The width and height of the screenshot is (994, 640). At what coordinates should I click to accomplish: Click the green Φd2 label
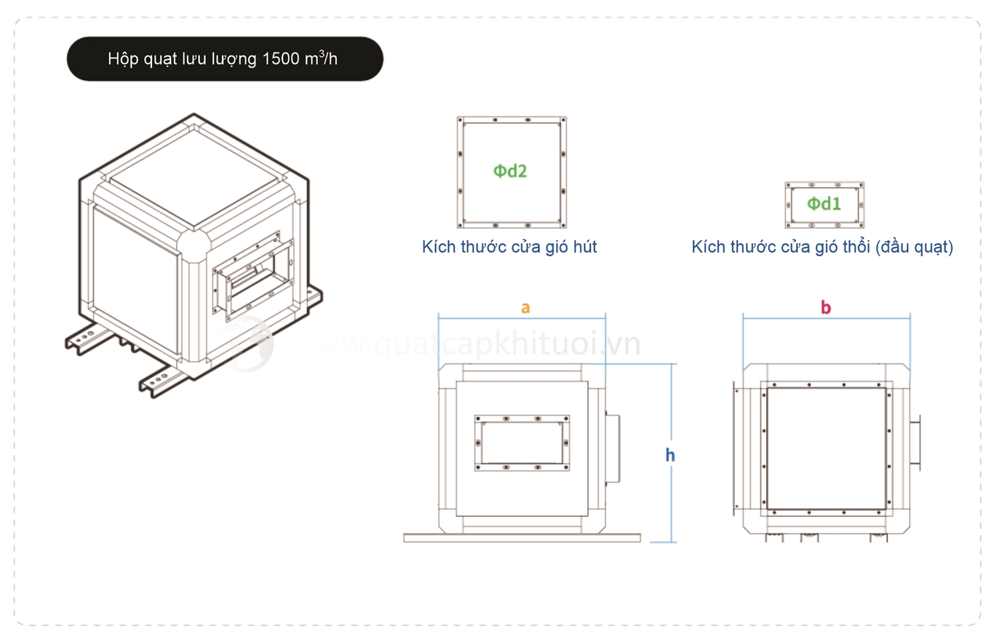click(x=509, y=172)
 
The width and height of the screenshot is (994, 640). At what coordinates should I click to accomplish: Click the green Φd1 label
click(x=824, y=205)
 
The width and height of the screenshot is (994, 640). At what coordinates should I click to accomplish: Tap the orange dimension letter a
click(x=525, y=307)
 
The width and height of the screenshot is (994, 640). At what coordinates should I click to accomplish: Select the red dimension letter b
click(x=825, y=307)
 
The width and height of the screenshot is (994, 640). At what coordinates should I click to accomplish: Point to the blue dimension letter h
click(x=670, y=455)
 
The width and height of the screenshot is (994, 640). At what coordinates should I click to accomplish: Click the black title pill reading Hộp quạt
click(x=225, y=59)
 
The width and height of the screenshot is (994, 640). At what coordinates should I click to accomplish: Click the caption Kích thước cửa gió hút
click(x=509, y=247)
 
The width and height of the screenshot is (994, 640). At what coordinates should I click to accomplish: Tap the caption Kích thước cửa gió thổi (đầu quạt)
click(x=822, y=247)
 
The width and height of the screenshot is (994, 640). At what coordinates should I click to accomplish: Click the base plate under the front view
click(x=522, y=538)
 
